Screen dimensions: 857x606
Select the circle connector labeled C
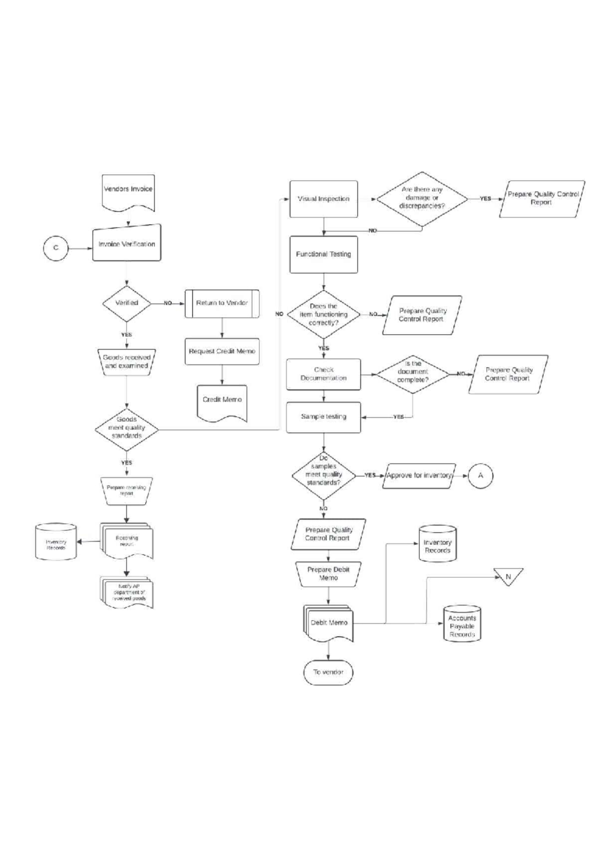[x=56, y=248]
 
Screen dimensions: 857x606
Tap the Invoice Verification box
[x=127, y=244]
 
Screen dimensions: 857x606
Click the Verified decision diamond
[x=127, y=303]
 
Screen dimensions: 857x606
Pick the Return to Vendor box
[x=222, y=303]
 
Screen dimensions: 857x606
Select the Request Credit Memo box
[x=222, y=351]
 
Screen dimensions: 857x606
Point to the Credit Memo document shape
[x=222, y=401]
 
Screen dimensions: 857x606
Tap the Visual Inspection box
[x=324, y=199]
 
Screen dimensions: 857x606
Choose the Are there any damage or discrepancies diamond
[x=422, y=198]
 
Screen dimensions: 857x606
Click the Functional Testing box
[x=324, y=254]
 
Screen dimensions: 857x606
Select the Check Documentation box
[x=324, y=374]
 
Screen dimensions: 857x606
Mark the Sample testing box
[x=324, y=417]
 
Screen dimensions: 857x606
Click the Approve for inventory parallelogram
[x=419, y=475]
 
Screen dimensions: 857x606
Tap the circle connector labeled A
[x=480, y=475]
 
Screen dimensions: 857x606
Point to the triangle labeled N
[x=508, y=575]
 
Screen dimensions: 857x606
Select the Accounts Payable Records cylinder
[x=462, y=625]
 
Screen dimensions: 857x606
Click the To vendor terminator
[x=328, y=672]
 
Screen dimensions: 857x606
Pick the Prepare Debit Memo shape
[x=329, y=574]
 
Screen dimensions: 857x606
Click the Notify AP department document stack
[x=128, y=593]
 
